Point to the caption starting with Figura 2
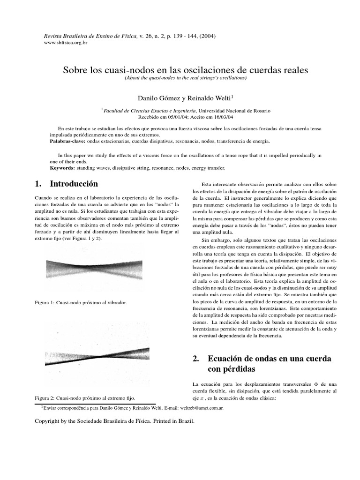tap(85, 397)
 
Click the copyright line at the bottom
tap(114, 421)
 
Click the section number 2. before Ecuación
tap(196, 359)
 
